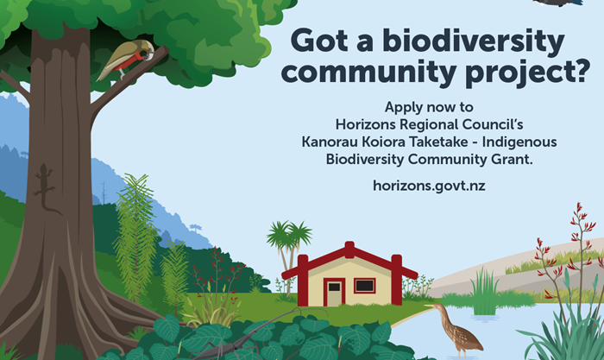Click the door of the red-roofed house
tap(334, 293)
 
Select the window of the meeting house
tap(364, 285)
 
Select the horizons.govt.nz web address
tap(424, 186)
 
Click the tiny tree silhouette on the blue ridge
tap(197, 228)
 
